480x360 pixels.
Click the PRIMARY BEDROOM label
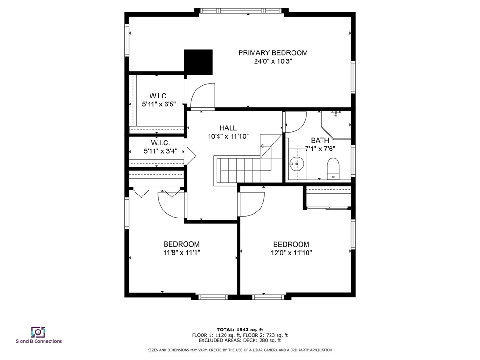(x=273, y=53)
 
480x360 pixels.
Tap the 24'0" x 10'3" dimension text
(x=273, y=61)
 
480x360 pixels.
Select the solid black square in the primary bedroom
(x=198, y=62)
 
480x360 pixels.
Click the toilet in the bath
(x=333, y=169)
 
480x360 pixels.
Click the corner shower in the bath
(x=336, y=125)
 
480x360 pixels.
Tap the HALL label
(x=228, y=128)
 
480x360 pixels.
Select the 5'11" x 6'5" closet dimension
(x=159, y=104)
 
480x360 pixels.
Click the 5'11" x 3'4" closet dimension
(x=160, y=151)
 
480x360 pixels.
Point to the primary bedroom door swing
(x=202, y=96)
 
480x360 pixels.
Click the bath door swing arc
(x=296, y=122)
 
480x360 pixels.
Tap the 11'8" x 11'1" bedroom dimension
(x=181, y=253)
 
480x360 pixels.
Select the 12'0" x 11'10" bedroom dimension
(x=291, y=253)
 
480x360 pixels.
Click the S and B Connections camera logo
(x=38, y=332)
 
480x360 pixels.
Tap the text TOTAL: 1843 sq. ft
(x=240, y=330)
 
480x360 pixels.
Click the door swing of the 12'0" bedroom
(x=252, y=204)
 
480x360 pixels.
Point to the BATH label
(x=320, y=141)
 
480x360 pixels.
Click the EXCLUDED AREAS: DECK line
(x=240, y=340)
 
